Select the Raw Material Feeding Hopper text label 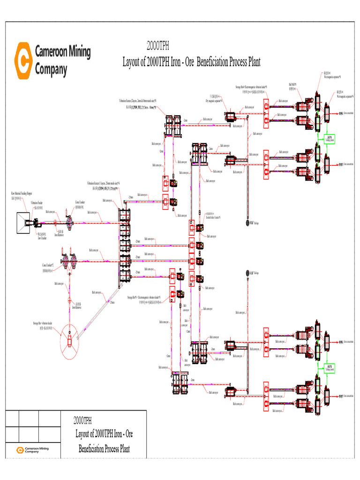pyautogui.click(x=22, y=193)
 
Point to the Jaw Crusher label pyautogui.click(x=42, y=238)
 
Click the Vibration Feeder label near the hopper pyautogui.click(x=37, y=202)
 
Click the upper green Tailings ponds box pyautogui.click(x=330, y=139)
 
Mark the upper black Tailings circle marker pyautogui.click(x=247, y=223)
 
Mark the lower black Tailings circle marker pyautogui.click(x=247, y=273)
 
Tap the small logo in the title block pyautogui.click(x=20, y=450)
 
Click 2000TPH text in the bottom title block pyautogui.click(x=82, y=420)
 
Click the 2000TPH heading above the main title pyautogui.click(x=158, y=46)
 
